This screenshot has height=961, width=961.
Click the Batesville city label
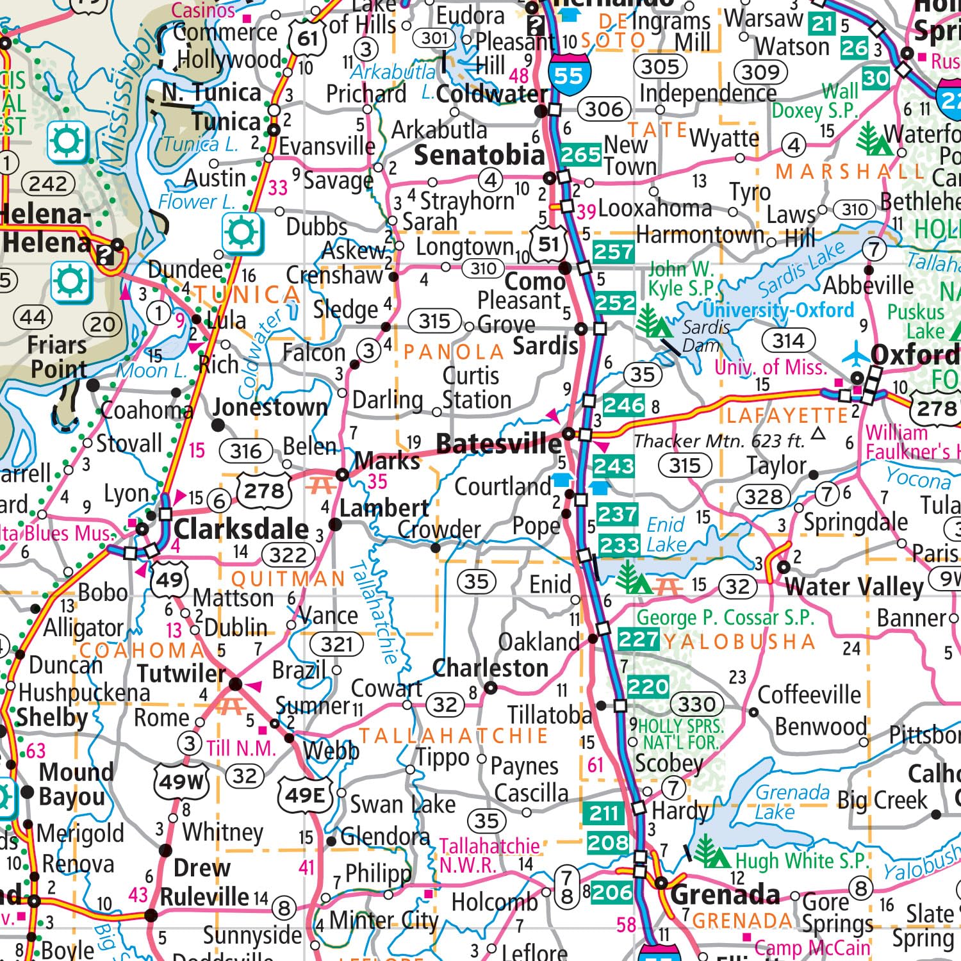click(498, 443)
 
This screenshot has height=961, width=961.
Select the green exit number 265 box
click(580, 155)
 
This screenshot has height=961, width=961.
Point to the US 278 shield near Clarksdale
click(264, 491)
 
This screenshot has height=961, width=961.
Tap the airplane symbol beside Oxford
click(856, 354)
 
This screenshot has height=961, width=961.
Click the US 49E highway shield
click(305, 795)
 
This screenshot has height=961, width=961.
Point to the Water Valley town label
click(854, 586)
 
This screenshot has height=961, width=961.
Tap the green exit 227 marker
click(638, 639)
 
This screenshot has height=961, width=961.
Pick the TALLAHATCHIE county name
click(453, 735)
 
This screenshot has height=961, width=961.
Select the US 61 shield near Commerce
click(307, 39)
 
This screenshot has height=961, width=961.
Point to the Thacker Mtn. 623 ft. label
click(719, 441)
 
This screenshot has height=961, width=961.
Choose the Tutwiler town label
click(181, 673)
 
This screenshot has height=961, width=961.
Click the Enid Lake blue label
click(666, 535)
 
